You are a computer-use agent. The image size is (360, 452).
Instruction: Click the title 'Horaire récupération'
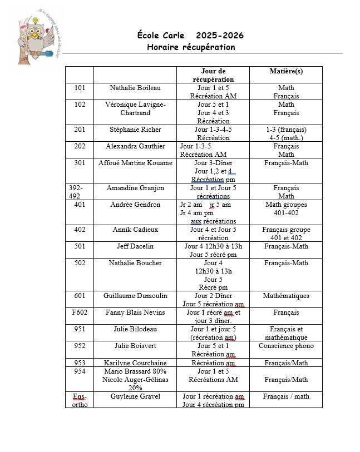(191, 47)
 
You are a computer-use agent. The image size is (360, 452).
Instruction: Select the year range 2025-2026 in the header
(220, 36)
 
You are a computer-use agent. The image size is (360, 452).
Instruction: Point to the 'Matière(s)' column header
(286, 71)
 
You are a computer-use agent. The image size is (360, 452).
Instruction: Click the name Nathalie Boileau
(135, 88)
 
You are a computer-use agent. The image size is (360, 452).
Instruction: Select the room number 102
(80, 105)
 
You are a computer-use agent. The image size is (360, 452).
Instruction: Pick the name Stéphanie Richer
(135, 130)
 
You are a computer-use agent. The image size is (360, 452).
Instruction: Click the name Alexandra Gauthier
(135, 146)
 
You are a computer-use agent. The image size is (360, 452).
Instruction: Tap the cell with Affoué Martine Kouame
(135, 163)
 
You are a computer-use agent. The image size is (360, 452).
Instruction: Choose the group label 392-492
(76, 192)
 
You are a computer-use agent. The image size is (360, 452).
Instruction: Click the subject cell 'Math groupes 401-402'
(286, 208)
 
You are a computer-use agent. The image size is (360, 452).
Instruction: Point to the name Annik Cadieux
(135, 230)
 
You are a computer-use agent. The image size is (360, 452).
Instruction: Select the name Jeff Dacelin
(135, 246)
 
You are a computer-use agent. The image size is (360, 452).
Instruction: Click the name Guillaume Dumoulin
(135, 296)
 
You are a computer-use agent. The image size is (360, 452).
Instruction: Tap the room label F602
(80, 312)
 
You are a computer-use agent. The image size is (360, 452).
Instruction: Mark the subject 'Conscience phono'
(286, 346)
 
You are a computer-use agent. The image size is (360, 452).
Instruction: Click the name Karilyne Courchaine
(135, 363)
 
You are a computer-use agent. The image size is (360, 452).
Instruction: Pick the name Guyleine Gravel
(135, 396)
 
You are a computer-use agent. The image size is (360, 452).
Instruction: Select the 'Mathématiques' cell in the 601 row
(286, 296)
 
